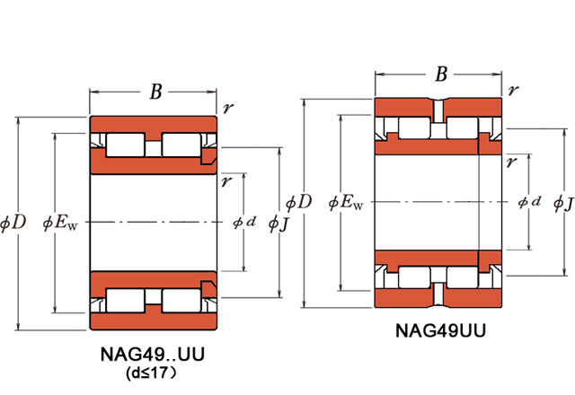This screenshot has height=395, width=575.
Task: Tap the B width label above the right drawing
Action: coord(441,75)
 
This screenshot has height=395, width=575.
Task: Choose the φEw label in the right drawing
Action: coord(346,203)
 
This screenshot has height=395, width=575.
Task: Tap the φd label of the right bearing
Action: coord(529,203)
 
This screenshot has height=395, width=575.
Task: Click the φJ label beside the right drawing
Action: coord(563,204)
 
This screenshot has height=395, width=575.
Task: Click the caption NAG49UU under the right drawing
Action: coord(441,329)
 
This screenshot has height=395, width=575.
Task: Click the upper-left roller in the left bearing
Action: coord(126,144)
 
